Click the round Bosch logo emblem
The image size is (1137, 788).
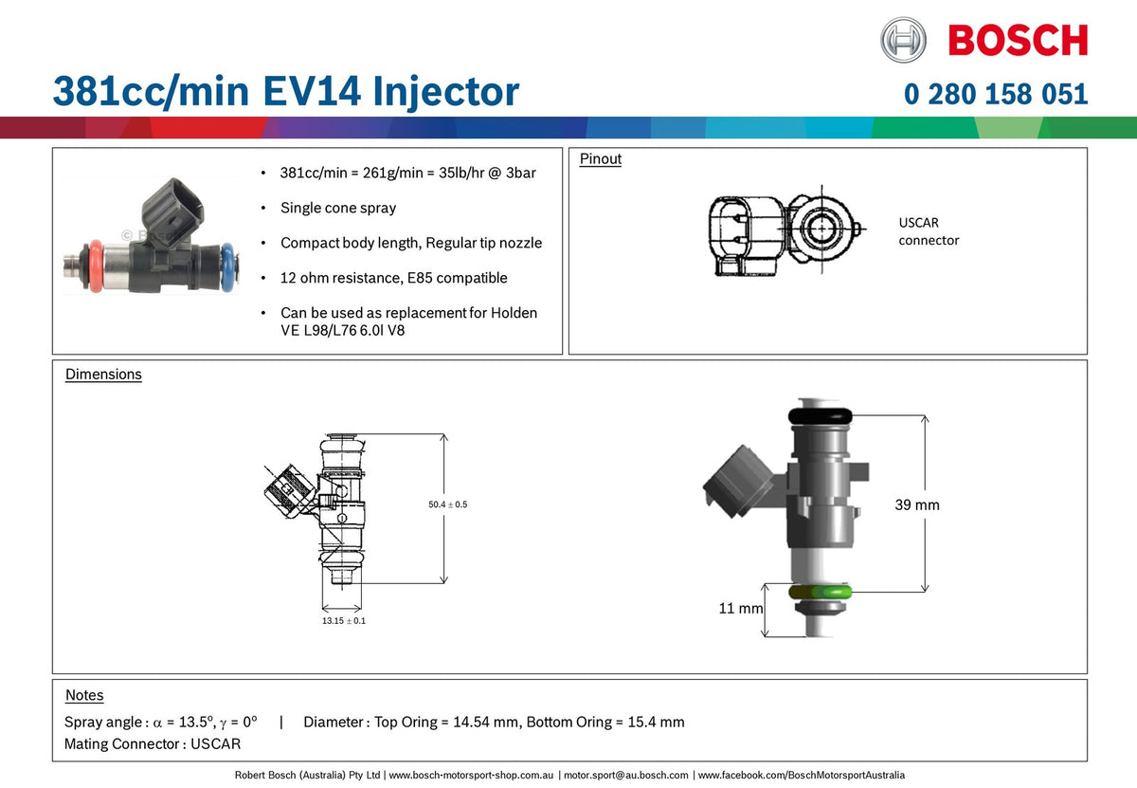point(903,41)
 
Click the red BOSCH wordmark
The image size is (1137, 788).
point(1018,42)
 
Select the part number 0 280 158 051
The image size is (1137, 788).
point(996,95)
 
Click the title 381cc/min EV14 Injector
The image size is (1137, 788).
point(285,92)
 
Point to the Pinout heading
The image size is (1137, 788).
point(601,159)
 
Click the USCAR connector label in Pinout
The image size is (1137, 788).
point(929,231)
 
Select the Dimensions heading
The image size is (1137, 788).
point(103,375)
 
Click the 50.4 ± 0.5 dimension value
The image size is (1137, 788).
point(447,504)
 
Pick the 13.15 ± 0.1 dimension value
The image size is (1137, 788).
point(344,621)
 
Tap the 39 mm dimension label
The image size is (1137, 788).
point(917,505)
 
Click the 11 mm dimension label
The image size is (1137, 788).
point(740,608)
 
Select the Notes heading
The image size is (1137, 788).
point(84,696)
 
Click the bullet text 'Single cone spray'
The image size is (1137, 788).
point(338,208)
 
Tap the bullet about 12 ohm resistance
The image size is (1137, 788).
point(393,278)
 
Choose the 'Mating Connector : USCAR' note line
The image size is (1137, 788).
point(153,744)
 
